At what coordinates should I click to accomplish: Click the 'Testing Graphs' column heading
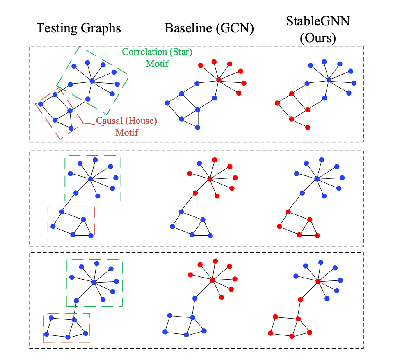(79, 28)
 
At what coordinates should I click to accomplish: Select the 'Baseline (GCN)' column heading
(209, 28)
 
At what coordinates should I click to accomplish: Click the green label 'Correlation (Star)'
(157, 52)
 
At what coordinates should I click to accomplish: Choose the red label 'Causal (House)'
(126, 121)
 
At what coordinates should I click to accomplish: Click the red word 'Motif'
(126, 132)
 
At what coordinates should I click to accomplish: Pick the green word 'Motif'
(157, 64)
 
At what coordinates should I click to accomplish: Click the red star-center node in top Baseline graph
(219, 80)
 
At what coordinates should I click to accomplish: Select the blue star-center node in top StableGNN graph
(329, 80)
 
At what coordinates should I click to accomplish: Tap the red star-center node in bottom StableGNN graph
(318, 281)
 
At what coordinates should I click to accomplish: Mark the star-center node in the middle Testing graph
(90, 178)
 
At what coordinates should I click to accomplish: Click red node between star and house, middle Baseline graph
(195, 193)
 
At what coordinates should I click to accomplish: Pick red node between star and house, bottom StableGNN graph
(300, 300)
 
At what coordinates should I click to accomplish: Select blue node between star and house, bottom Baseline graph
(195, 298)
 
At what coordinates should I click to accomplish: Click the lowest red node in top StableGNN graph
(308, 128)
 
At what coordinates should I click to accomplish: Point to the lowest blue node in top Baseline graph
(198, 128)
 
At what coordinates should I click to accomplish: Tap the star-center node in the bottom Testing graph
(94, 282)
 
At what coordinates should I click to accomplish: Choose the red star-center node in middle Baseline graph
(210, 179)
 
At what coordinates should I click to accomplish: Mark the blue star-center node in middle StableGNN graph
(316, 179)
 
